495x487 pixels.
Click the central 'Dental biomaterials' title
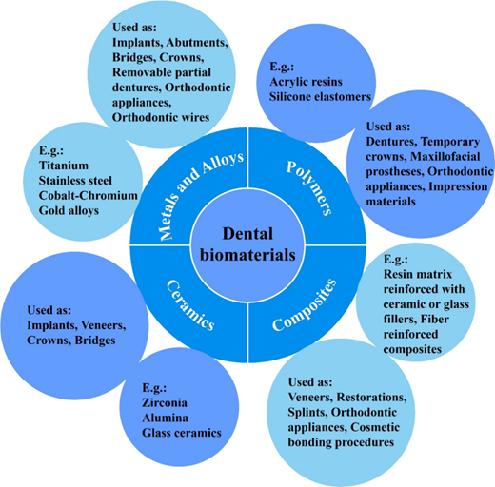(x=247, y=244)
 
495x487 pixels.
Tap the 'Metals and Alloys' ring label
(x=201, y=196)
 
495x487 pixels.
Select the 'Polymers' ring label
(x=309, y=188)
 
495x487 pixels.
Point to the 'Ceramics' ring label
(x=190, y=305)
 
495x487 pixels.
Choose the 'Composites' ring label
(x=304, y=305)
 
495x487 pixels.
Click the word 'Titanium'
(x=64, y=166)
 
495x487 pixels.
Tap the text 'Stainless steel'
(x=75, y=181)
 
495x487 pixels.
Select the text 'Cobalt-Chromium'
(x=89, y=195)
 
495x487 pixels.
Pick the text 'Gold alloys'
(x=69, y=211)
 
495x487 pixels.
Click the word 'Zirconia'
(x=165, y=402)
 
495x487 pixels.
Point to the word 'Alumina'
(x=165, y=418)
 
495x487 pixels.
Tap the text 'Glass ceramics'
(x=182, y=433)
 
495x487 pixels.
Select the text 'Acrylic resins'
(x=307, y=82)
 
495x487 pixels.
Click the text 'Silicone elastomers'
(x=320, y=97)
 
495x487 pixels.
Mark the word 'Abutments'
(x=197, y=43)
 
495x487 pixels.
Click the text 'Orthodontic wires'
(x=161, y=117)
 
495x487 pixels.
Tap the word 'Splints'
(x=307, y=413)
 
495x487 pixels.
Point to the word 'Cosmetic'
(x=375, y=427)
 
